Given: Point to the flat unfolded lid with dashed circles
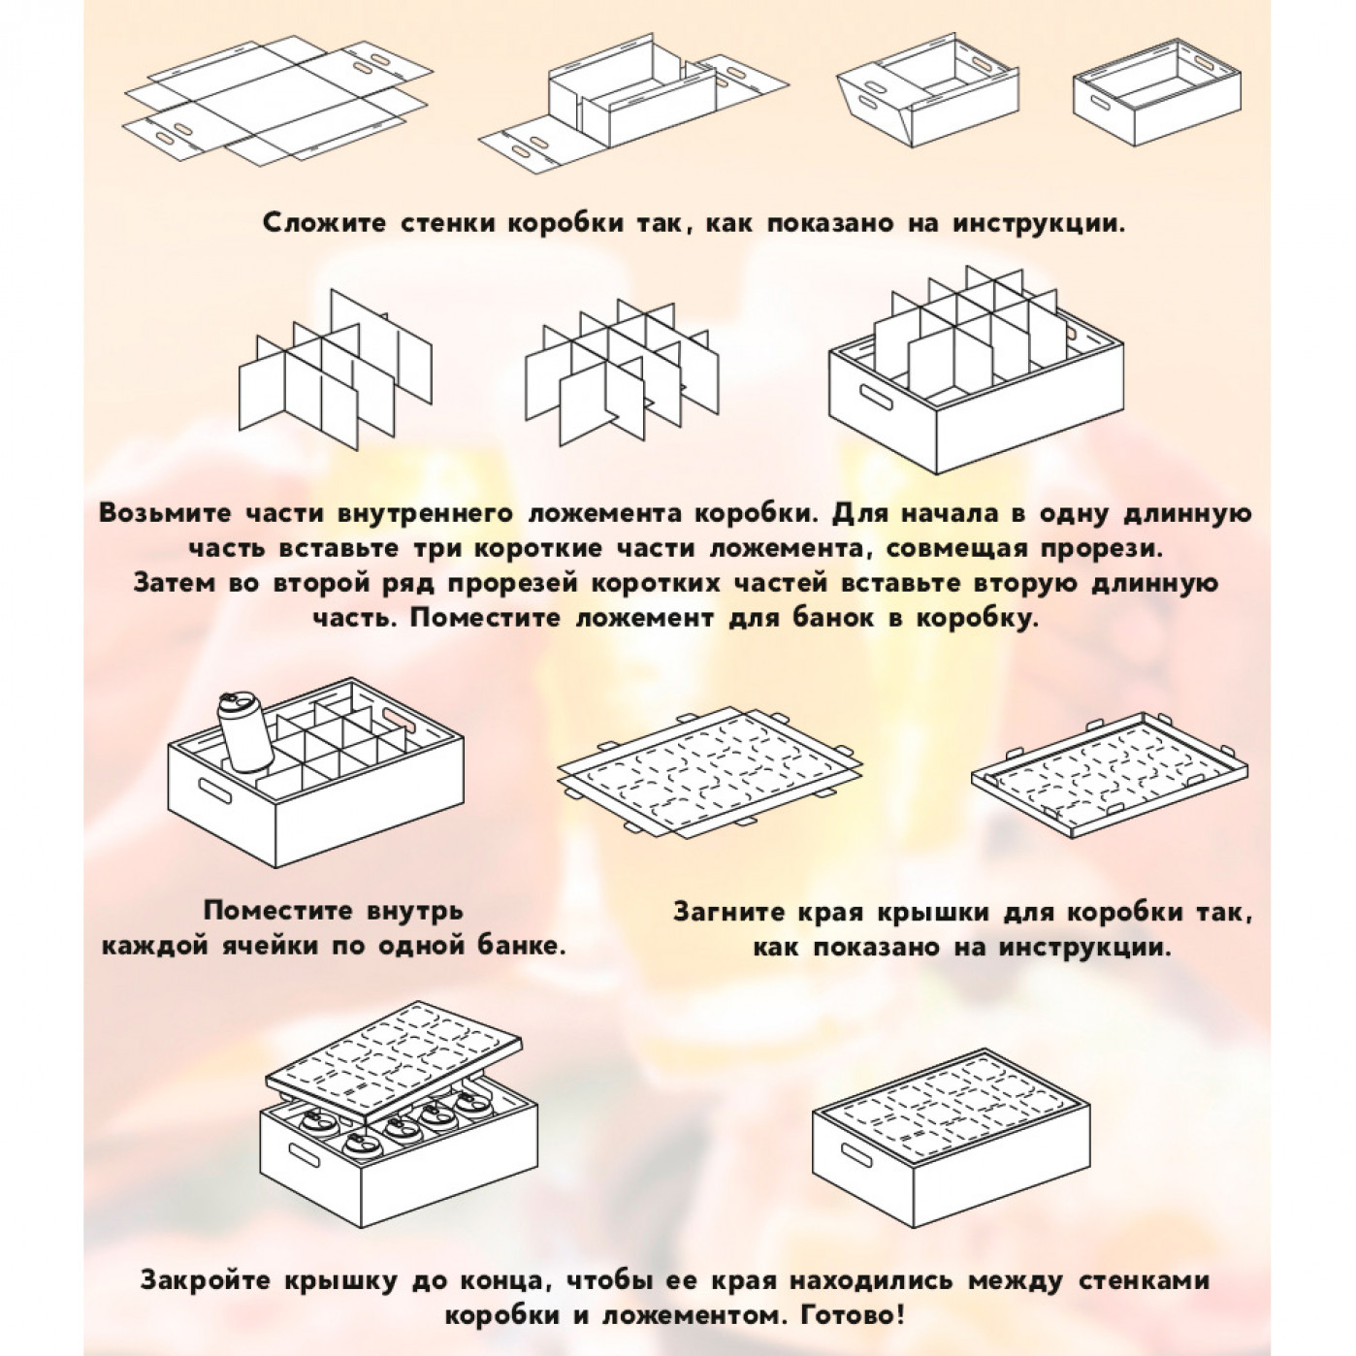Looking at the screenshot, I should coord(710,766).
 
